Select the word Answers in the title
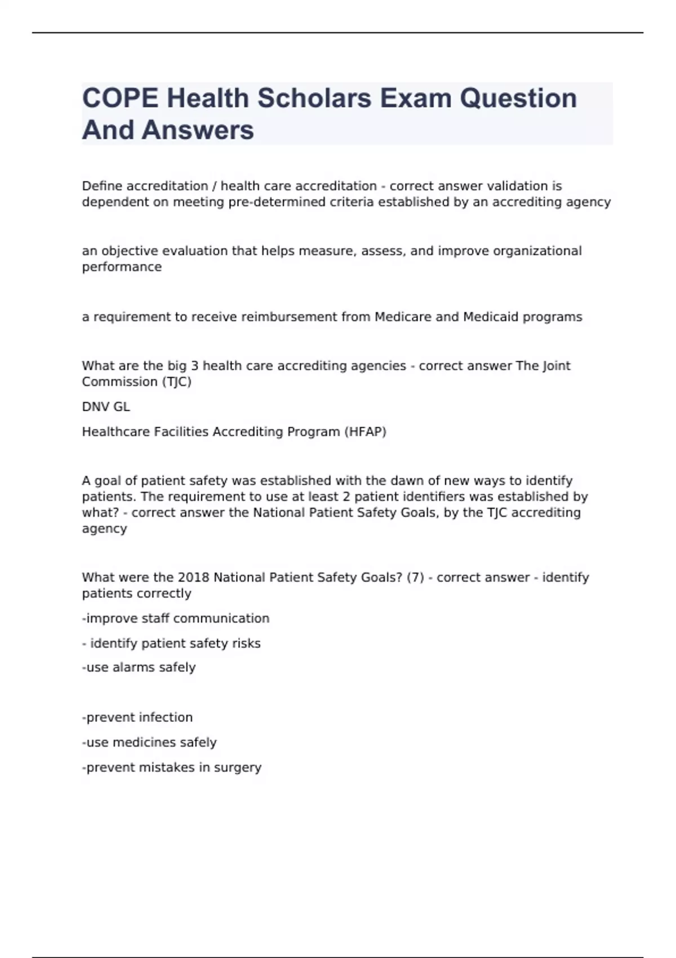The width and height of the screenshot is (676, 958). pos(198,130)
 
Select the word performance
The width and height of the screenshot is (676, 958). pos(122,267)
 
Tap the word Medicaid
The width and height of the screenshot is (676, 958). pos(490,317)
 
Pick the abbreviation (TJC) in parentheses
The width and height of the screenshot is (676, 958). pos(177,382)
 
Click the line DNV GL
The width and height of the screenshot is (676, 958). pos(106,407)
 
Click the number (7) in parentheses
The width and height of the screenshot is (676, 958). pos(415,578)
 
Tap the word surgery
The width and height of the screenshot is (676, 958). pos(237,768)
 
